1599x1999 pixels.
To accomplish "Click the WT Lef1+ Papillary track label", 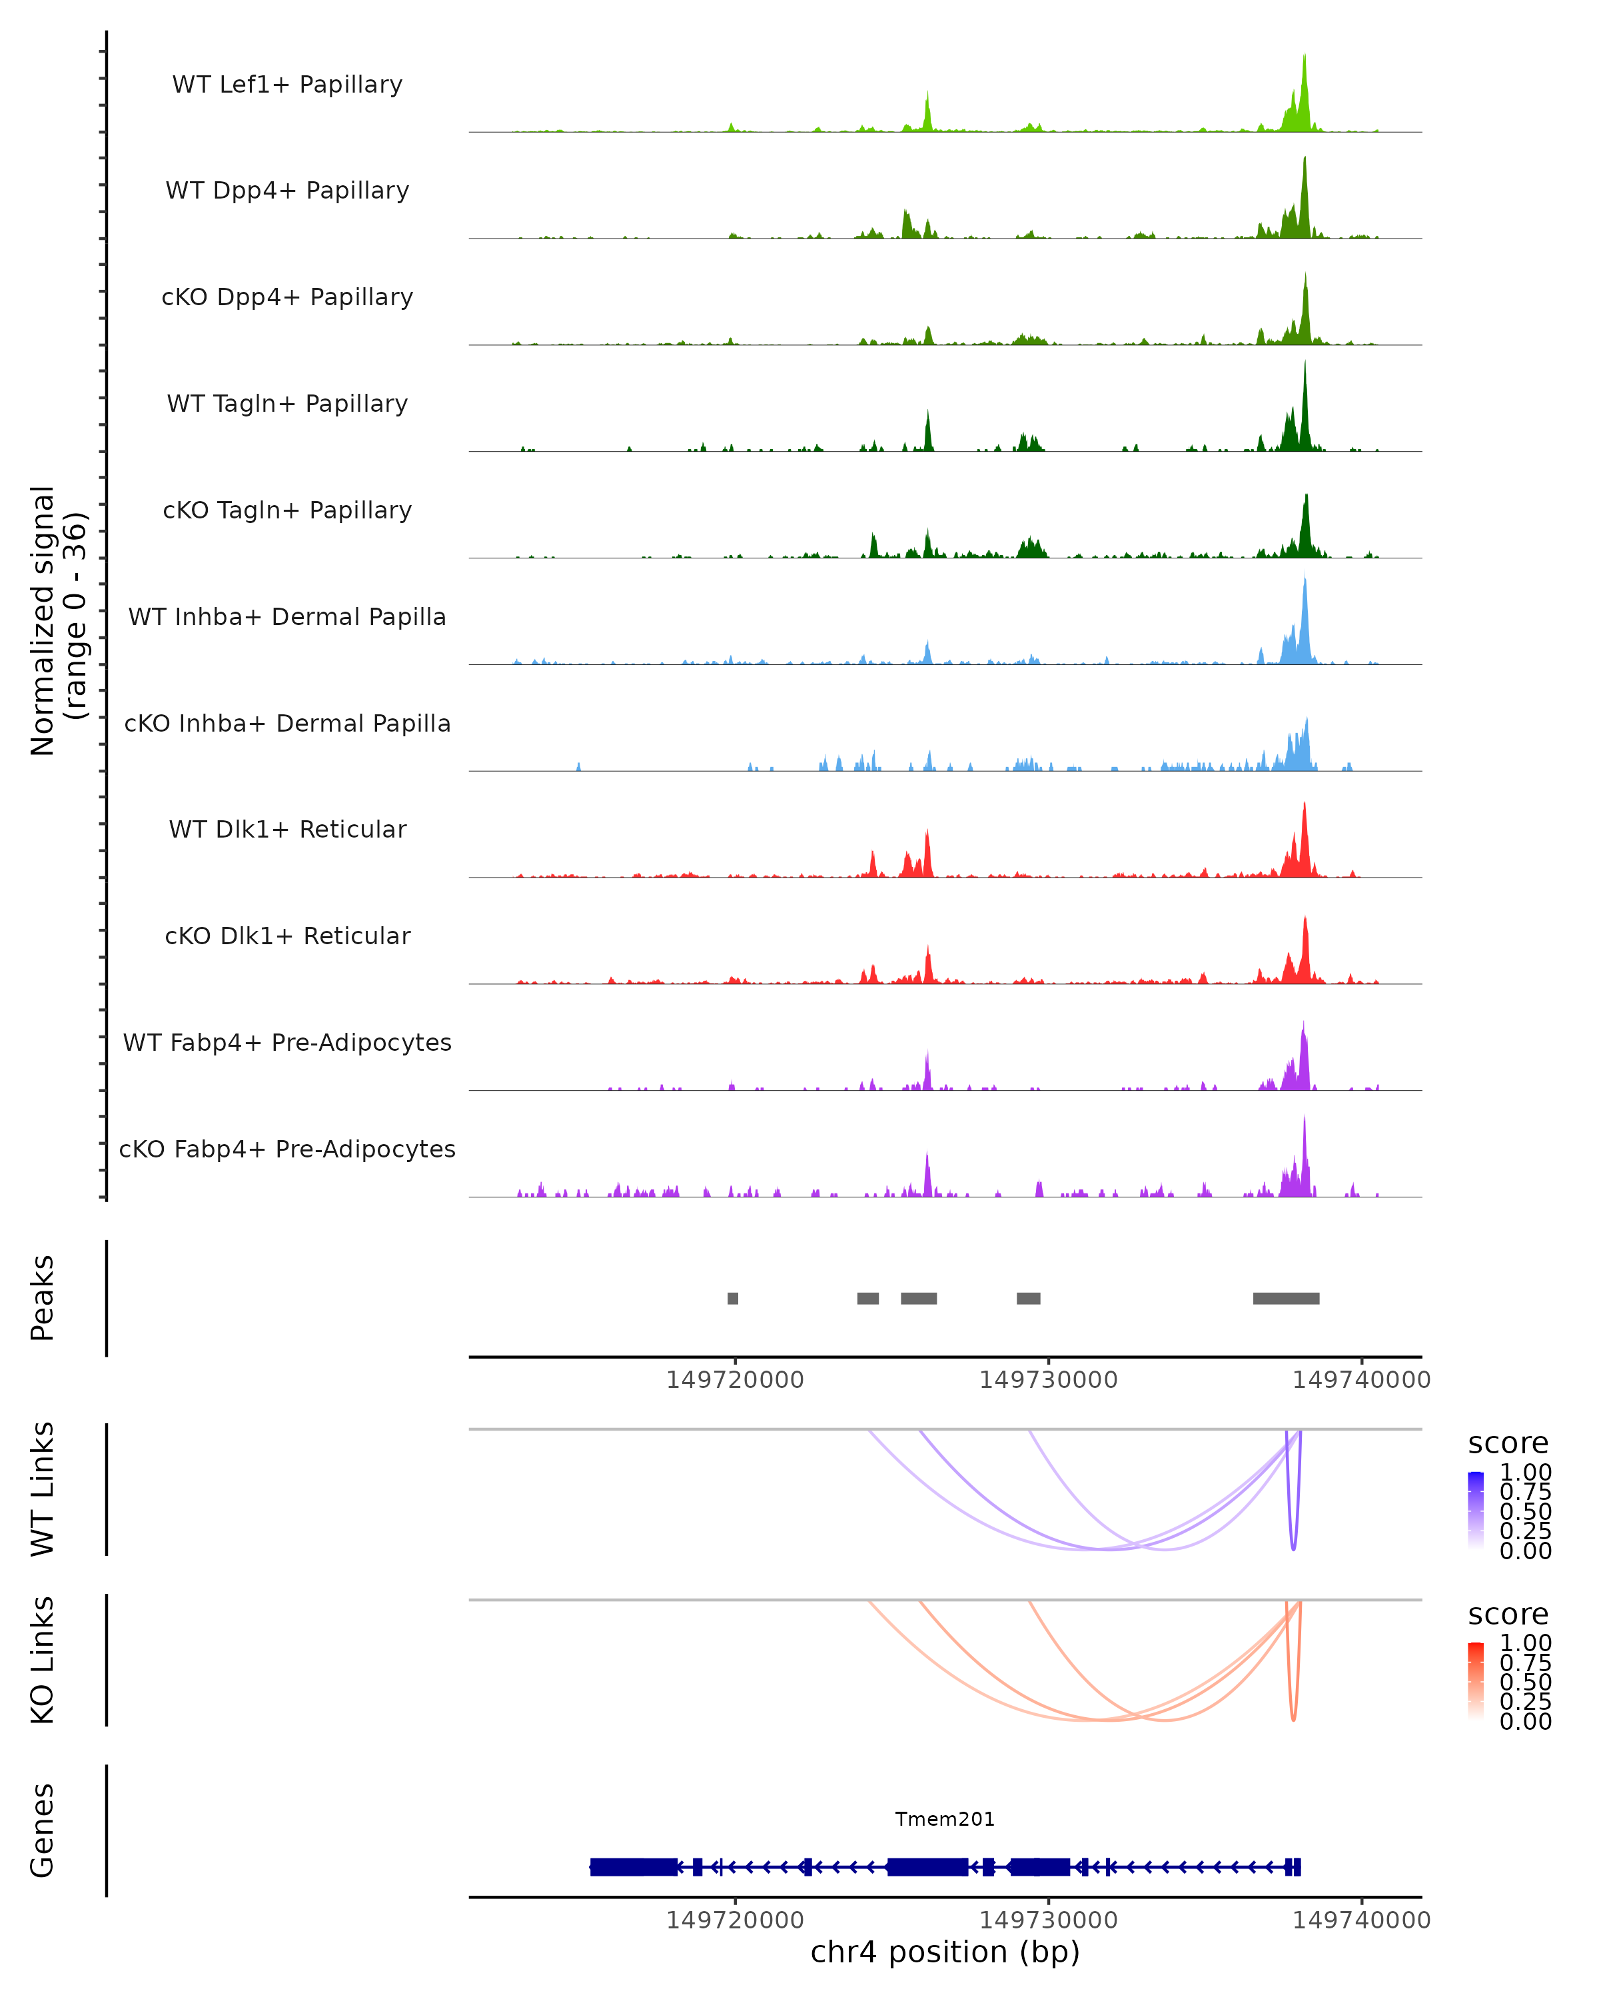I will click(287, 85).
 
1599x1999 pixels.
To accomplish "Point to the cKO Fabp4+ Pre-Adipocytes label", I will click(287, 1149).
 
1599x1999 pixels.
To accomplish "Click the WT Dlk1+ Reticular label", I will click(287, 829).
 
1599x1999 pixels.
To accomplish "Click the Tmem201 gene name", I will click(945, 1819).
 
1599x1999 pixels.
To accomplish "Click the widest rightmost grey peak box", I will click(1286, 1298).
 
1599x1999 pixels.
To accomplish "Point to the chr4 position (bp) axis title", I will click(945, 1952).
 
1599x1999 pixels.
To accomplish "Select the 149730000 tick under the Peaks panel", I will click(1049, 1380).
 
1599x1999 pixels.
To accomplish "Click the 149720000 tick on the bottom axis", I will click(735, 1919).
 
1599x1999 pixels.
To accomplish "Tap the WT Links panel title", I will click(43, 1488).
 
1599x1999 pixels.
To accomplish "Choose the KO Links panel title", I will click(43, 1660).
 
